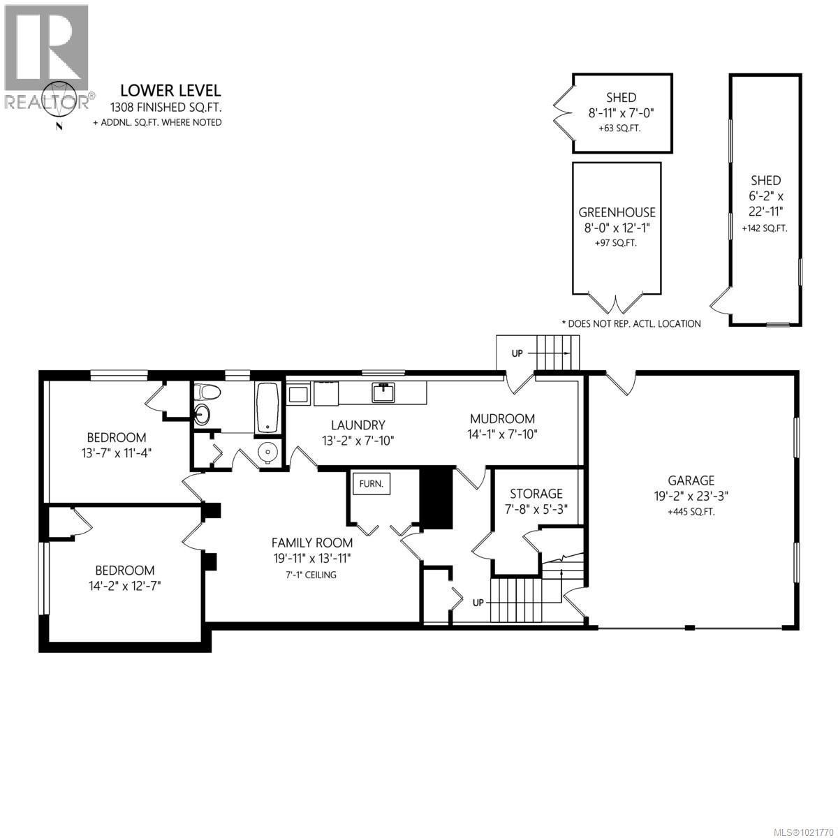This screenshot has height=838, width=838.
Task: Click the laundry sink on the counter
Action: (383, 393)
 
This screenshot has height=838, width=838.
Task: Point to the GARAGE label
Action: (691, 480)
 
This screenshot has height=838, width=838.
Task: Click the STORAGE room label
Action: (536, 494)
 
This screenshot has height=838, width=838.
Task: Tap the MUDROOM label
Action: (502, 419)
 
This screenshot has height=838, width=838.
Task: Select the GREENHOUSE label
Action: (617, 213)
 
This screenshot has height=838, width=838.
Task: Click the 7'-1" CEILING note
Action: (311, 575)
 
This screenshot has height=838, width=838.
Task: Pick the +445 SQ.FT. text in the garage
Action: (691, 511)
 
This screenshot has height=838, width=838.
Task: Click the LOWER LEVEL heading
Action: (170, 90)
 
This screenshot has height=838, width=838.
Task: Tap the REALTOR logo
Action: (46, 56)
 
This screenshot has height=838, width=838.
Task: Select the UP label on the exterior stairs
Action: (517, 353)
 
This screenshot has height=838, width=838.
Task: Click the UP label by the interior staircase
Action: (479, 601)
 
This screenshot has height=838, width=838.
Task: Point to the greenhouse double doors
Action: (616, 304)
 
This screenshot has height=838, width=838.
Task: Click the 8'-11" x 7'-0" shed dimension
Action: (621, 112)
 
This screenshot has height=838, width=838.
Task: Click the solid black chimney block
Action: (436, 497)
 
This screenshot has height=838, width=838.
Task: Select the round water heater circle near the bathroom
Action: (268, 453)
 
